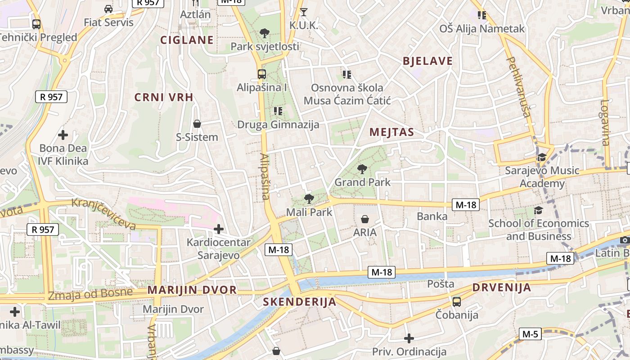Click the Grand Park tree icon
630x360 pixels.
point(362,169)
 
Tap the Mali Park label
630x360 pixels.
point(309,212)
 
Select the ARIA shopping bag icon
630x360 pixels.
point(365,219)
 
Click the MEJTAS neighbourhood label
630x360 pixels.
point(391,132)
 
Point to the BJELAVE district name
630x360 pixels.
point(427,61)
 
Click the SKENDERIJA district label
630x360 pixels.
point(300,301)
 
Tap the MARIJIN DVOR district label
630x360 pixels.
point(192,290)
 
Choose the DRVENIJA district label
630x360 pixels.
point(502,288)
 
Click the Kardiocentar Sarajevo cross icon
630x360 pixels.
point(219,229)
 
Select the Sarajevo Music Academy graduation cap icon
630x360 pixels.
point(541,157)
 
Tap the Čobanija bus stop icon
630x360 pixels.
point(457,301)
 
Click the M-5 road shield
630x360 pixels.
point(530,334)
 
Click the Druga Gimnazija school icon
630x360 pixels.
point(278,111)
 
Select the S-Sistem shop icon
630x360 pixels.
point(197,123)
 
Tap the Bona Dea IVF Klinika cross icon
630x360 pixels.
point(63,135)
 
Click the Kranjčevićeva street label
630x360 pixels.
point(103,213)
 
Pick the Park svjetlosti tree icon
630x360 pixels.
point(265,33)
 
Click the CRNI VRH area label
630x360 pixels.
point(164,97)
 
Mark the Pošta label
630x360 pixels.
point(441,284)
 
